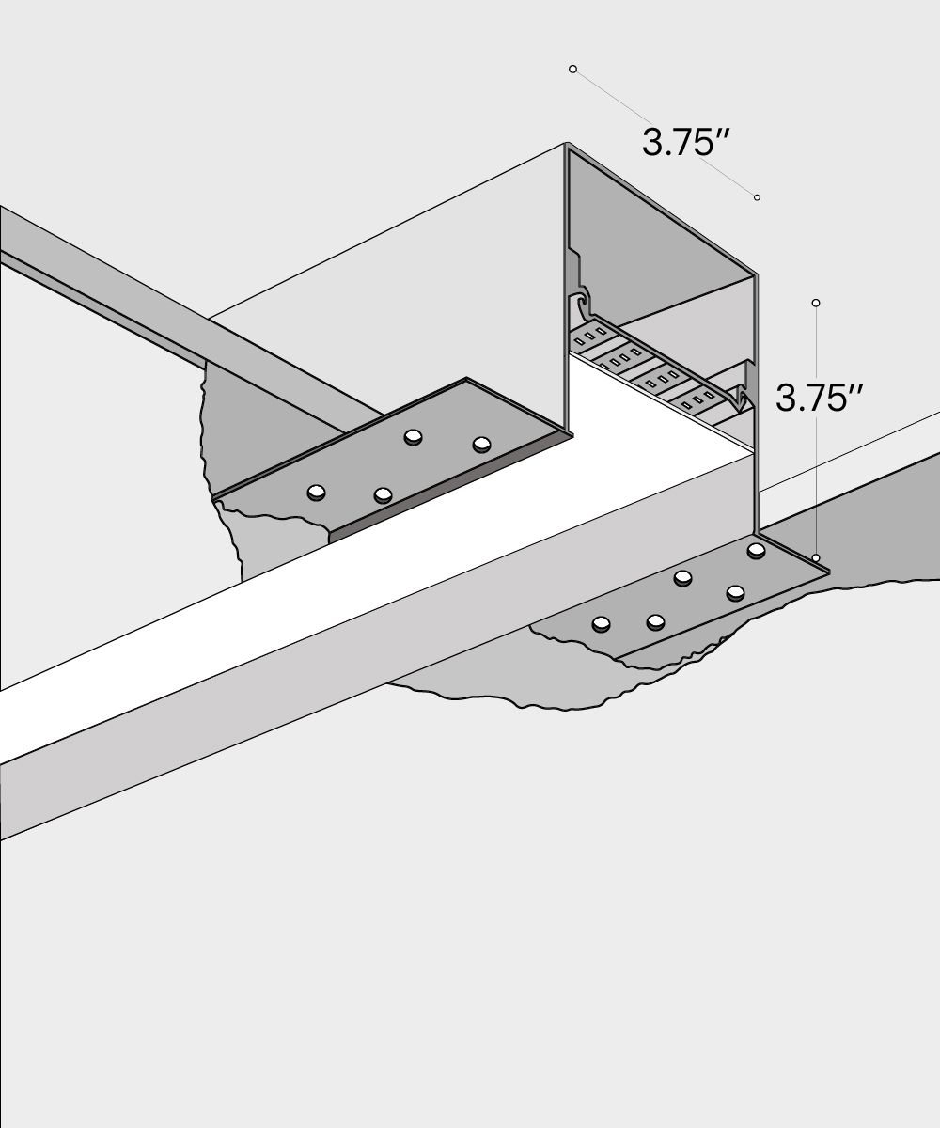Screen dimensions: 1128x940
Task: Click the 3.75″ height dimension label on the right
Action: (819, 399)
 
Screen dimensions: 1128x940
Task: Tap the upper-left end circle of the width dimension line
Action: (572, 69)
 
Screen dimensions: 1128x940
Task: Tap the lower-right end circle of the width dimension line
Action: (757, 197)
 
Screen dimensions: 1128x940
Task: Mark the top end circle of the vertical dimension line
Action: (816, 303)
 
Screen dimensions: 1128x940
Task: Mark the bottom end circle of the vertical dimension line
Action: (816, 558)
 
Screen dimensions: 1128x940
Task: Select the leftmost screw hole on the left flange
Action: (317, 492)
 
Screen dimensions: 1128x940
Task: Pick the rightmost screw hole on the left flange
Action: (482, 444)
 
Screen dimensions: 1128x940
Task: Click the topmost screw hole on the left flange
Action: (413, 437)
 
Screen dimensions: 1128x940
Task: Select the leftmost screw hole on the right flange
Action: (601, 622)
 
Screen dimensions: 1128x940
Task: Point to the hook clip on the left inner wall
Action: (582, 305)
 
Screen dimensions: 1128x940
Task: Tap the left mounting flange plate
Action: (395, 461)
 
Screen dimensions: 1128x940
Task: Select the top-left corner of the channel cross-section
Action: (567, 146)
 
